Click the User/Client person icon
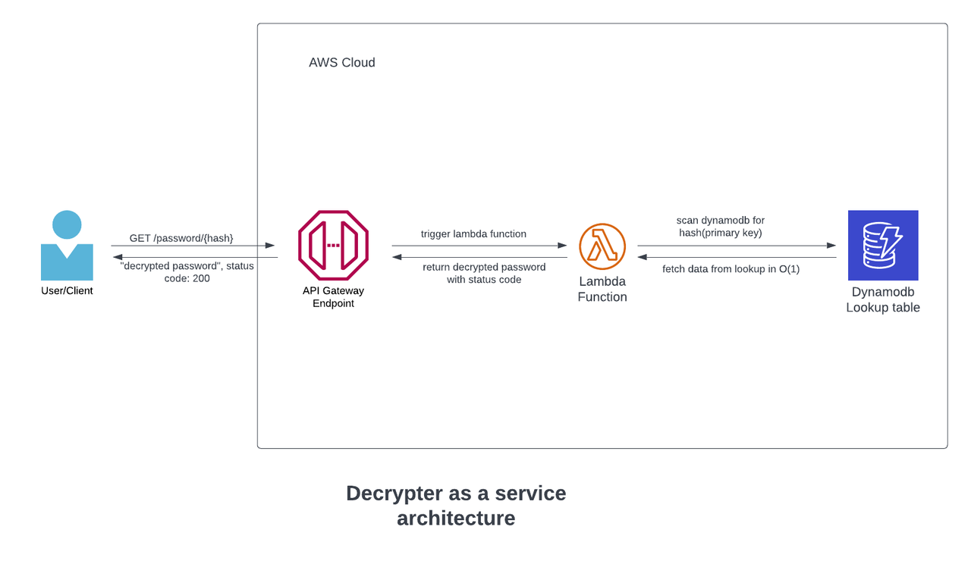point(67,246)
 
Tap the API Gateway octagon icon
point(333,245)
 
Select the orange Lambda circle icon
point(602,246)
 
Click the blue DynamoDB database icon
point(883,245)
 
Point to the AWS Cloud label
point(341,63)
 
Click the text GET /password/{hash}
point(181,238)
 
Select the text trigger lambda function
point(473,233)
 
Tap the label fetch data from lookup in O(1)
point(731,268)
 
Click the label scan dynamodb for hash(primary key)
point(720,227)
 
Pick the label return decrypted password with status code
point(484,273)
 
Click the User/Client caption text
point(67,290)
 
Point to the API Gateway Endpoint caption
point(333,297)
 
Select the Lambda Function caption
point(602,289)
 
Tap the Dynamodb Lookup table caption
point(883,299)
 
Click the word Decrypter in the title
point(392,494)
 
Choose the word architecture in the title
point(456,519)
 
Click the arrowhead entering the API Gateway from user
point(271,246)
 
